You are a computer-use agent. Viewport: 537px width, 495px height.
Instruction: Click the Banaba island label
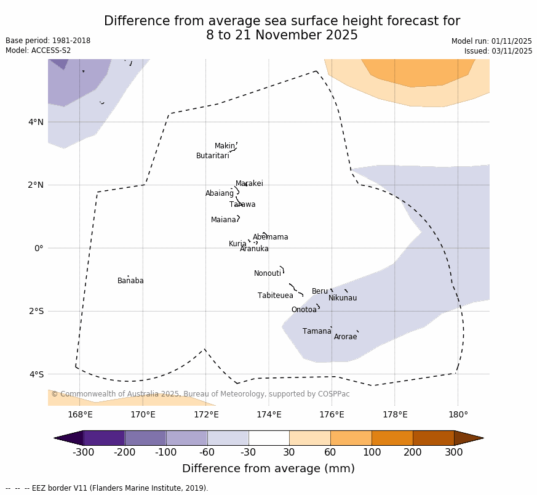point(130,281)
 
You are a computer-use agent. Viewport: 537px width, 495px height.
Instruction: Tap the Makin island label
point(225,146)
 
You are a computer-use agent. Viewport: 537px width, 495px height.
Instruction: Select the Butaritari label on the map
point(212,156)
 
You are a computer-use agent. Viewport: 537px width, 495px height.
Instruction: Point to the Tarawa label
point(242,204)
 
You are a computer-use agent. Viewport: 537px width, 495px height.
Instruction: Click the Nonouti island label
point(268,273)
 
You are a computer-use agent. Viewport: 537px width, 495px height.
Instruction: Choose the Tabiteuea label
point(276,296)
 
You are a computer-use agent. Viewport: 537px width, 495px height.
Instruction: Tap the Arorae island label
point(345,337)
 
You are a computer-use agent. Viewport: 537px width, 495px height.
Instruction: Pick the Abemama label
point(271,237)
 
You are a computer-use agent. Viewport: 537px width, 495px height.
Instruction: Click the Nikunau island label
point(343,298)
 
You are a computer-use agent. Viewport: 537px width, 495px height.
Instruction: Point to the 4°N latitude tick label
point(36,122)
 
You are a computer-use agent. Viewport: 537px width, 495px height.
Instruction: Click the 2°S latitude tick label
point(36,311)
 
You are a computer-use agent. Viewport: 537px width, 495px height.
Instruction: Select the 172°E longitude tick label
point(206,414)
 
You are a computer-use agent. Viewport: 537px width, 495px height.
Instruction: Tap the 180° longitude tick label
point(458,414)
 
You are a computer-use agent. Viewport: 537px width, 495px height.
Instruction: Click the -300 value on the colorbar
point(83,453)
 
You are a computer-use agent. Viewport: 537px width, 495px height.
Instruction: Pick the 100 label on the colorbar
point(372,453)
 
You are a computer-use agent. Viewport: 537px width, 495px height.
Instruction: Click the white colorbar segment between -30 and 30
point(269,438)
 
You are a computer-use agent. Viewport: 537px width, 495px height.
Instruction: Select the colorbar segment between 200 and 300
point(433,438)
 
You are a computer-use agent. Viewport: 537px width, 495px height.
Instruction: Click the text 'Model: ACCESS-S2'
point(38,50)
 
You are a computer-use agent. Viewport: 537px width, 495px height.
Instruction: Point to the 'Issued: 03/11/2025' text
point(498,51)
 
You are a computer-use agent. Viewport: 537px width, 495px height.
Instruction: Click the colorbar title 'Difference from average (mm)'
point(268,469)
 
